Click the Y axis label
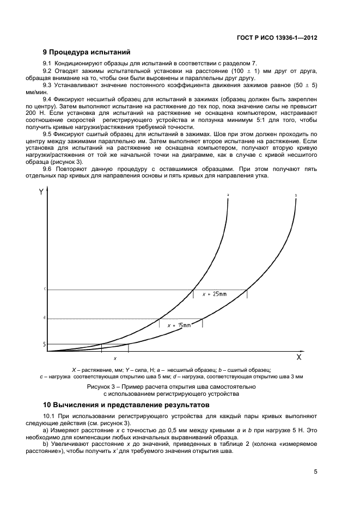point(41,192)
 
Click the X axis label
point(298,358)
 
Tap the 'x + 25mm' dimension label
point(214,294)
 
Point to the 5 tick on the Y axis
point(44,344)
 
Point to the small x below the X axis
point(115,359)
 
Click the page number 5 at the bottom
point(315,472)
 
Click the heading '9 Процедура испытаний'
point(87,53)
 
